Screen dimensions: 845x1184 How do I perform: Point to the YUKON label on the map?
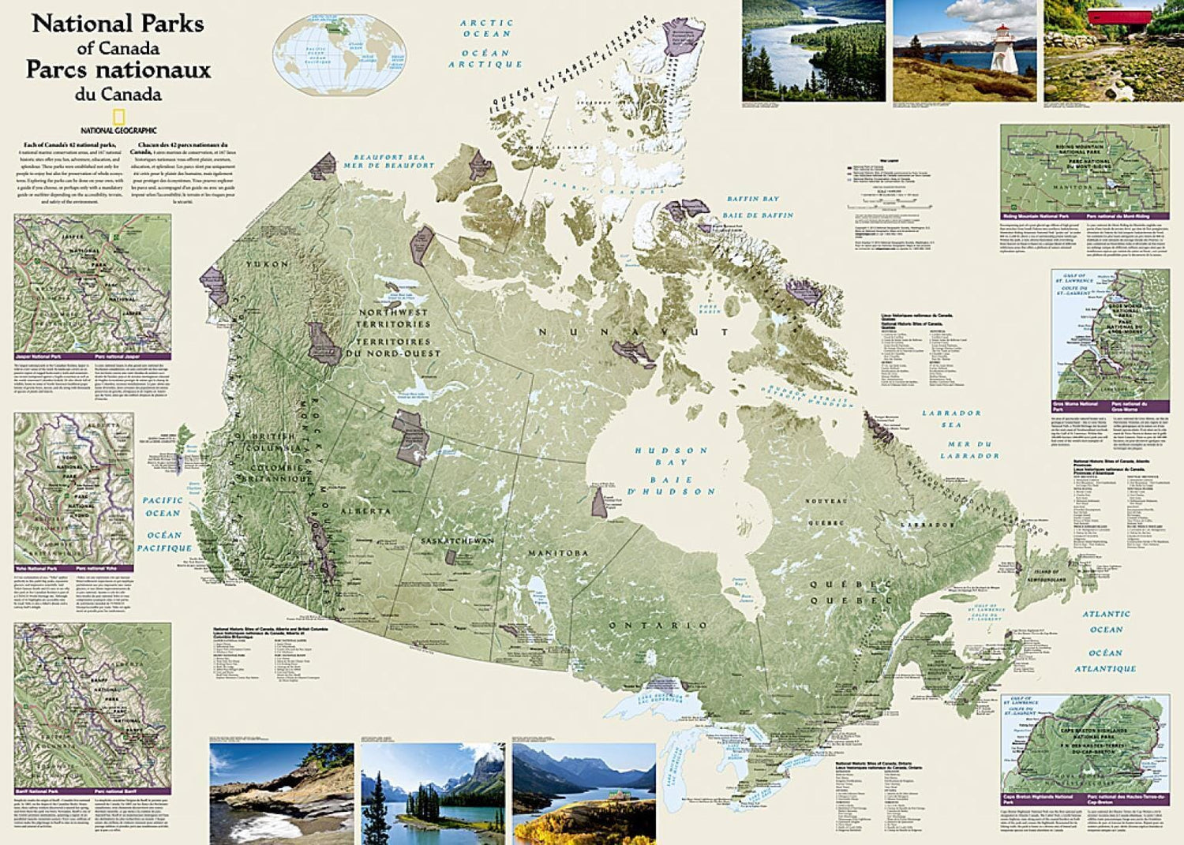click(267, 264)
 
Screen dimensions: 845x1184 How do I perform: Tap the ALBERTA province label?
click(365, 511)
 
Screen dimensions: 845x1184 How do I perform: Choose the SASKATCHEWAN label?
click(457, 541)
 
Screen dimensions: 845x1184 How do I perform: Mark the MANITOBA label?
click(558, 553)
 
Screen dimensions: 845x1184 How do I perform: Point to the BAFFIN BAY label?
click(752, 200)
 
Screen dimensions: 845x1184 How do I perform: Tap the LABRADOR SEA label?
click(951, 419)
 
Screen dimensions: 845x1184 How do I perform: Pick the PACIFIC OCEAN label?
click(163, 507)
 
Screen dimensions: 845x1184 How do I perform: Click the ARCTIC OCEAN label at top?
click(487, 28)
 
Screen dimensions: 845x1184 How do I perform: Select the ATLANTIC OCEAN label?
click(1106, 622)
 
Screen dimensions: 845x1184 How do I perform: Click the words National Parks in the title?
click(118, 24)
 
